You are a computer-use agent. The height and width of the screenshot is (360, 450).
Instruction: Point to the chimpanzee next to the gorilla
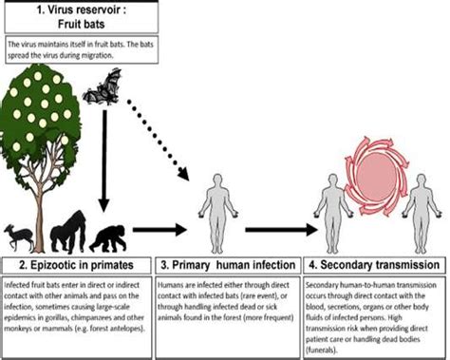coord(112,230)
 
